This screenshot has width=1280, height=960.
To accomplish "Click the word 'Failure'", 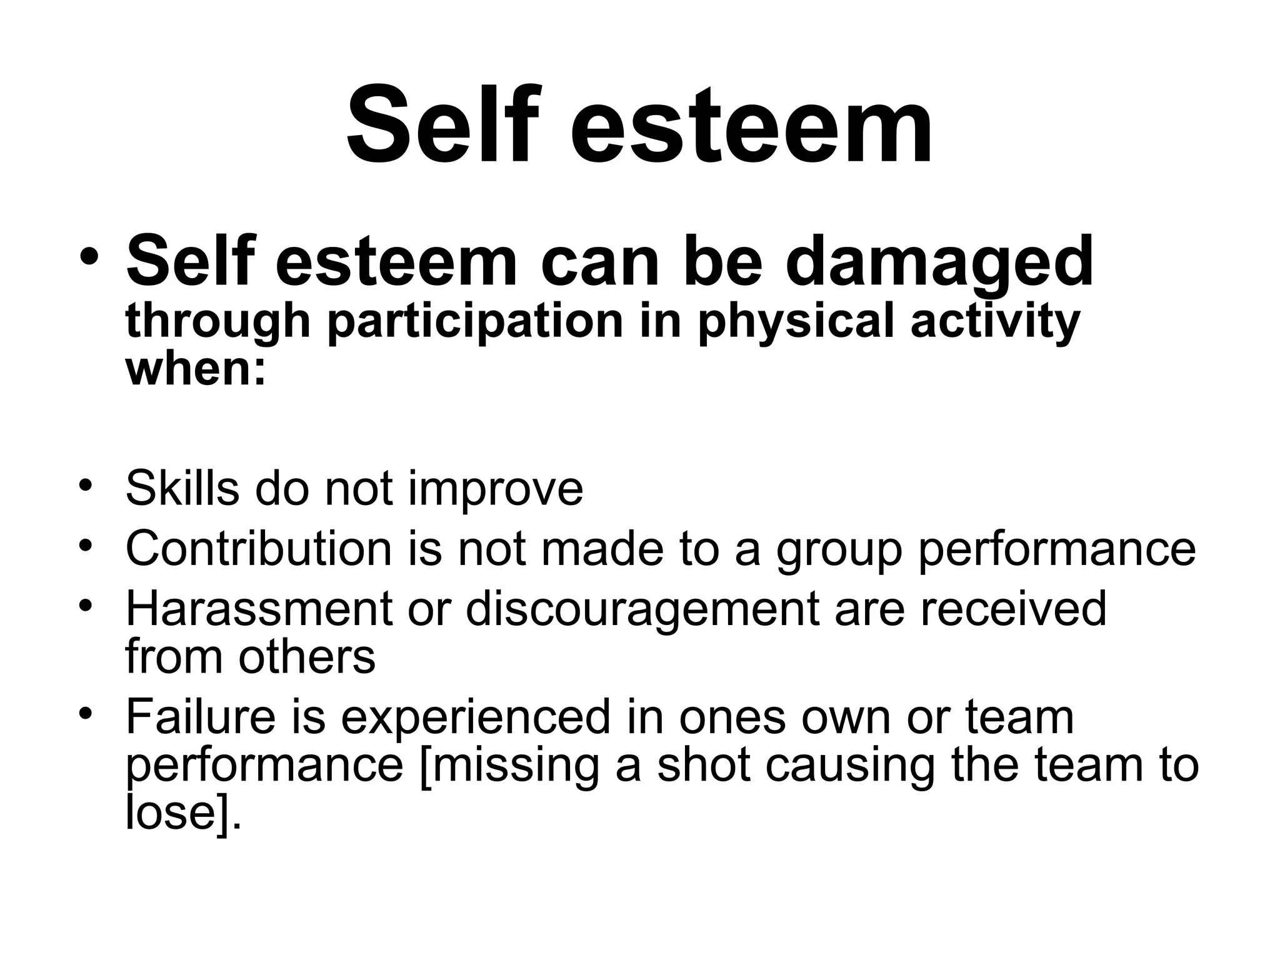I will [201, 717].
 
